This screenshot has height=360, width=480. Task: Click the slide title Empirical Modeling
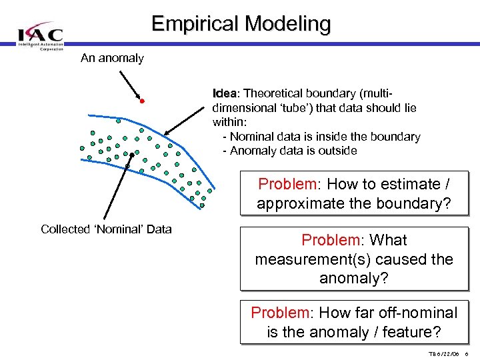coord(241,23)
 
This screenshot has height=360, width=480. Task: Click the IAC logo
coord(41,37)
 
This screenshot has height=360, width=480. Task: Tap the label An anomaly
coord(112,58)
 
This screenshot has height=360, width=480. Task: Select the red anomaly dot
coord(142,101)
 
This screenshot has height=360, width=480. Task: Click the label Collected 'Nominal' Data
coord(106,229)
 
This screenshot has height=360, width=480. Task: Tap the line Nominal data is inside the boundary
coord(325,137)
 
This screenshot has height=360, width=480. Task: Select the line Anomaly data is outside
coord(293,151)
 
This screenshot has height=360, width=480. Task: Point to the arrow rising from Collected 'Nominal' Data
coord(118,187)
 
